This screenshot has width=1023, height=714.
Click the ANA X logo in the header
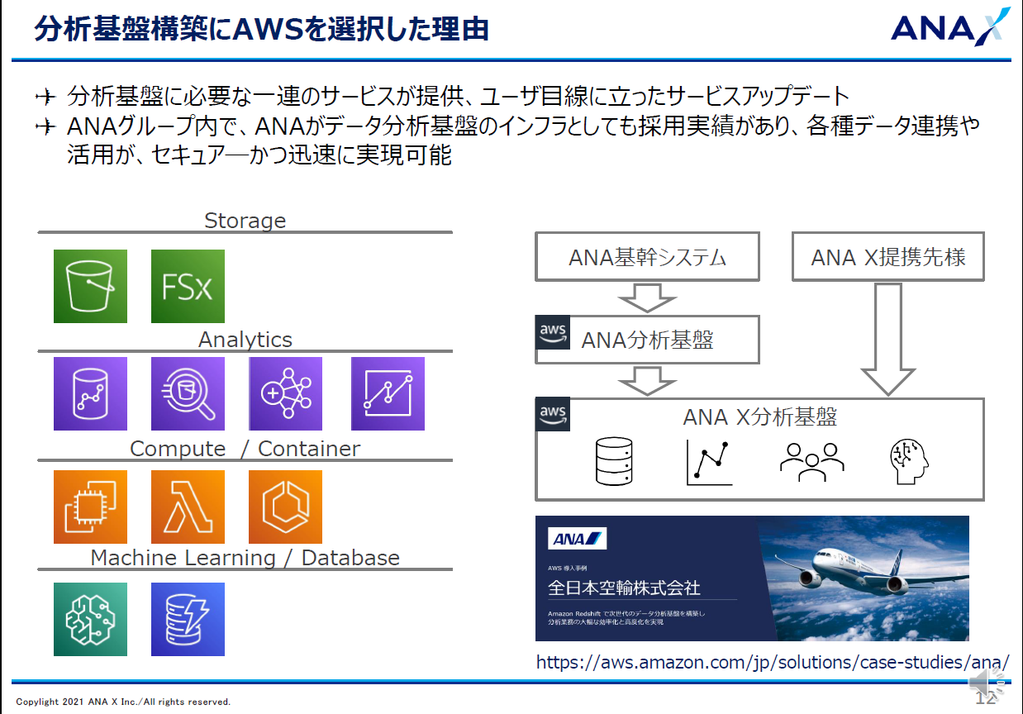949,26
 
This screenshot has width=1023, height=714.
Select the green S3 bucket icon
90,286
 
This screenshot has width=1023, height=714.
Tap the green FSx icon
188,286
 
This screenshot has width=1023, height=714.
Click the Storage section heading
245,221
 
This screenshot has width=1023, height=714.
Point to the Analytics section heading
245,340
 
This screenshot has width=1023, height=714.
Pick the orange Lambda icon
188,507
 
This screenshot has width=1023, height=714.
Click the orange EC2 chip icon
90,507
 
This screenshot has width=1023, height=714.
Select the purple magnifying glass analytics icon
188,394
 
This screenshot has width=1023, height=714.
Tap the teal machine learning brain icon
90,619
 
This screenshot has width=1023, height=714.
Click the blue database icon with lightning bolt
188,619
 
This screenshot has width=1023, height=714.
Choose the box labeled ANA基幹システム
647,257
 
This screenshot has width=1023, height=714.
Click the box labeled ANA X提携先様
888,257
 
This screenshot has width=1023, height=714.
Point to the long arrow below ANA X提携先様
888,339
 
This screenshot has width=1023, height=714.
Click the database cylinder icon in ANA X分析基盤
614,461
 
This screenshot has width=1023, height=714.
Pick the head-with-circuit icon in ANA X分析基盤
909,461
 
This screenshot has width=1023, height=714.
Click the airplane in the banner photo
859,570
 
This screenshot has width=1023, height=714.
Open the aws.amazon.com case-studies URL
773,662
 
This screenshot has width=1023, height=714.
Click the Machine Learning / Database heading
245,558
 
